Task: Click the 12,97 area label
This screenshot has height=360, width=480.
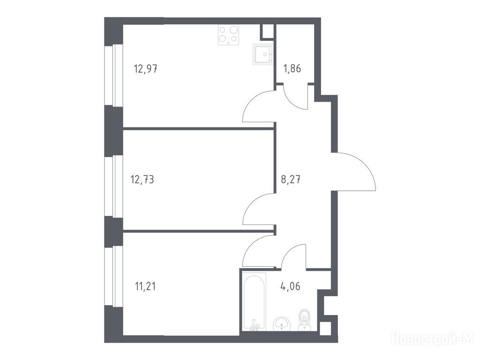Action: (x=146, y=69)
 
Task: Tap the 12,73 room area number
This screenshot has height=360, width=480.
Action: (x=142, y=179)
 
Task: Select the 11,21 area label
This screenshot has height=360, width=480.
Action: (x=145, y=286)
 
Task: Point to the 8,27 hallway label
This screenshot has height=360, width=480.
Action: (x=291, y=179)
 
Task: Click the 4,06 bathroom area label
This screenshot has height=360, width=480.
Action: (x=290, y=286)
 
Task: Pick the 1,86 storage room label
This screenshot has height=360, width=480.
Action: (x=292, y=68)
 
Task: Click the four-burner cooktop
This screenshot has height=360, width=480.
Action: (x=228, y=35)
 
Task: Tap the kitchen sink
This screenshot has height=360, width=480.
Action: (x=263, y=54)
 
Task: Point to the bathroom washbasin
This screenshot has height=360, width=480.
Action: (x=281, y=324)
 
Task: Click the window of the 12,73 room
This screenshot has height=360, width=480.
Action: (x=113, y=187)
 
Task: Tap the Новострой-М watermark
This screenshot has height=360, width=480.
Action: (x=432, y=339)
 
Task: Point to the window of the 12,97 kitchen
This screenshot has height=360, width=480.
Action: (x=113, y=75)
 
